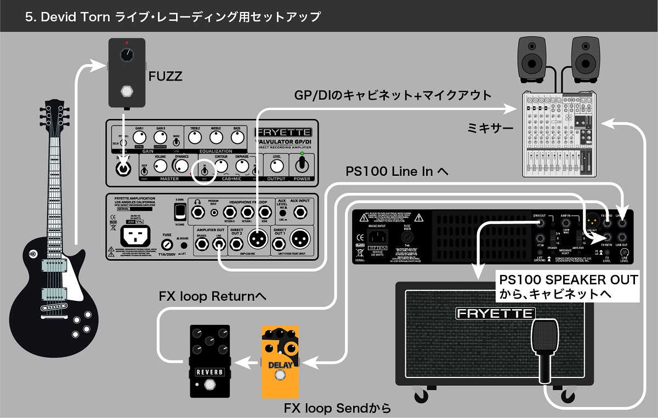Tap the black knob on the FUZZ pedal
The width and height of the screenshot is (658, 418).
click(x=127, y=55)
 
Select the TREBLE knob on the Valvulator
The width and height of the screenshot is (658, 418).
click(x=195, y=137)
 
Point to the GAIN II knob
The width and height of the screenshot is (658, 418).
click(x=161, y=137)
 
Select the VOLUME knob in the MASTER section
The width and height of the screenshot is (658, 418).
click(x=160, y=165)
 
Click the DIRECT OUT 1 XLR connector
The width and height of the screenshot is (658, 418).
click(x=299, y=238)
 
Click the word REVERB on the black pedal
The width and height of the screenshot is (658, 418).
click(x=210, y=373)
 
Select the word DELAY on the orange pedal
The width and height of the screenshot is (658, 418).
click(x=280, y=365)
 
